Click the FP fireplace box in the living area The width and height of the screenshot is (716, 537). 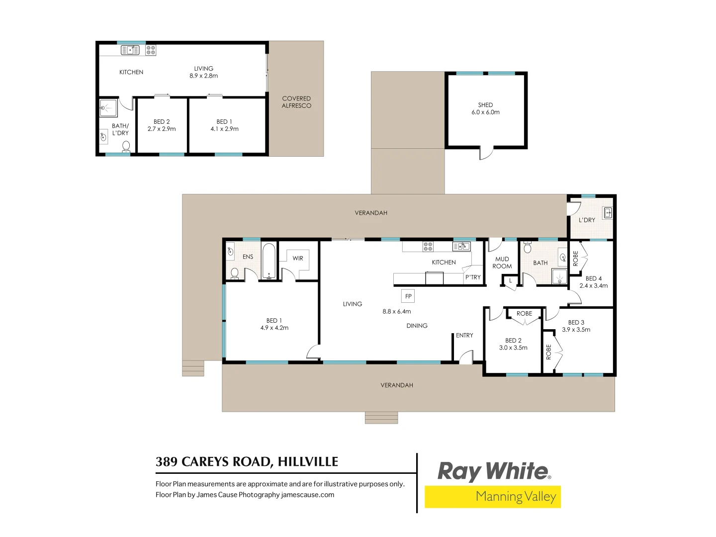[408, 296]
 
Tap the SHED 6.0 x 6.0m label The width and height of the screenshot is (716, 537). [485, 108]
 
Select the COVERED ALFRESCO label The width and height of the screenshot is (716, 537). [296, 102]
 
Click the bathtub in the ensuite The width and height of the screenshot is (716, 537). [268, 261]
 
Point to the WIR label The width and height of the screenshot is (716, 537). [298, 258]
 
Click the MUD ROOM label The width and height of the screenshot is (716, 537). [502, 263]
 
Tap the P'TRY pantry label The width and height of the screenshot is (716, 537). [473, 277]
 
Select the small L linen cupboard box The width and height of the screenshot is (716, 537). [510, 281]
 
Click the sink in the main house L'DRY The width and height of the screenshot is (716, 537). [607, 213]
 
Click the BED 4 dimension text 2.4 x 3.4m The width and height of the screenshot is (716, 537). [593, 286]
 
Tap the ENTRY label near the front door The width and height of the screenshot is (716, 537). [464, 335]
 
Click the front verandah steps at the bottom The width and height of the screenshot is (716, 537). [381, 418]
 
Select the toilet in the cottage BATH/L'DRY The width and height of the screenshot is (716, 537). [126, 146]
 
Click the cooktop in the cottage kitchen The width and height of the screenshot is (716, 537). [151, 50]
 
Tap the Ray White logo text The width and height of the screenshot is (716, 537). [493, 471]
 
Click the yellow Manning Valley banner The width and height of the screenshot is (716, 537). [493, 497]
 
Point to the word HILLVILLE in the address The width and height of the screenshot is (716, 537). [308, 462]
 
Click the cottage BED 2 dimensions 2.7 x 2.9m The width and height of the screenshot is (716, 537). [162, 129]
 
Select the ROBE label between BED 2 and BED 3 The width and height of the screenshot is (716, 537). [524, 314]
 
